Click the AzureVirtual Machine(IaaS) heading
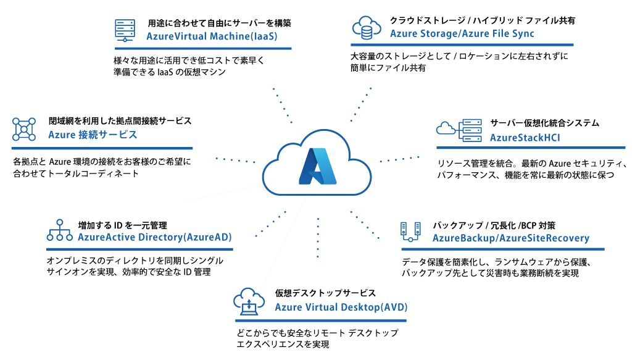pos(212,36)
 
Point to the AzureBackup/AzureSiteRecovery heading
pos(511,238)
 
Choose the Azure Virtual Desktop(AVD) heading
pos(341,307)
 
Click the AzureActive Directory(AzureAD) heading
pos(155,237)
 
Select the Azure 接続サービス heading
pos(93,135)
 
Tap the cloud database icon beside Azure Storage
pos(366,27)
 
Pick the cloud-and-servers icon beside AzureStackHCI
pos(459,129)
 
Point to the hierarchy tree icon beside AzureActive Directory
pos(60,230)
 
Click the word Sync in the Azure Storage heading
pos(522,33)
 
